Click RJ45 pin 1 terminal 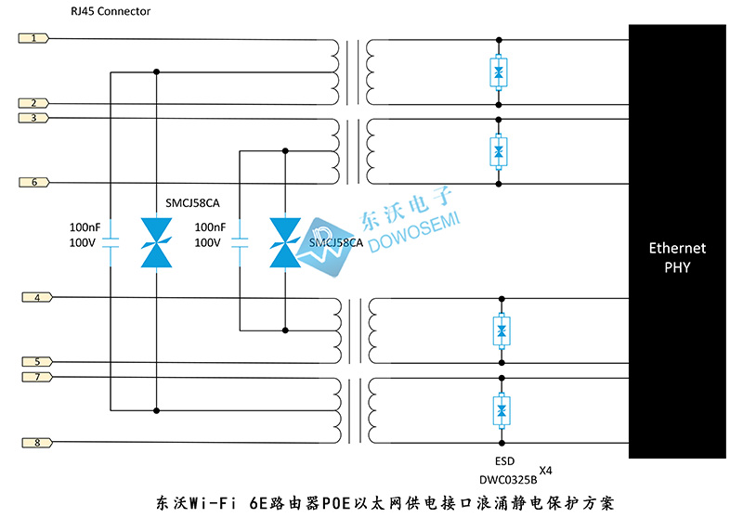click(33, 38)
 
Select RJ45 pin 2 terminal click(33, 103)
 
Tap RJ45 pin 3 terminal click(33, 118)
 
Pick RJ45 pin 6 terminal click(34, 182)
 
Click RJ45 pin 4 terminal click(37, 297)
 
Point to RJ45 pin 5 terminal click(37, 362)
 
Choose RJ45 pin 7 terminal click(37, 377)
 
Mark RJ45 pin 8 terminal click(37, 443)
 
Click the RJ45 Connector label click(111, 11)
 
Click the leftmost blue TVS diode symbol click(156, 242)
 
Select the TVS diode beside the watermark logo click(285, 242)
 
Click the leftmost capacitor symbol click(111, 242)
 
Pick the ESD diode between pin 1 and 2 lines click(499, 72)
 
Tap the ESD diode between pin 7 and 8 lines click(502, 410)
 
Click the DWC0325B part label click(508, 480)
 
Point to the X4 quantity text click(545, 471)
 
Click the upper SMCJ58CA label click(192, 203)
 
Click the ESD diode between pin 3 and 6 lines click(499, 151)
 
